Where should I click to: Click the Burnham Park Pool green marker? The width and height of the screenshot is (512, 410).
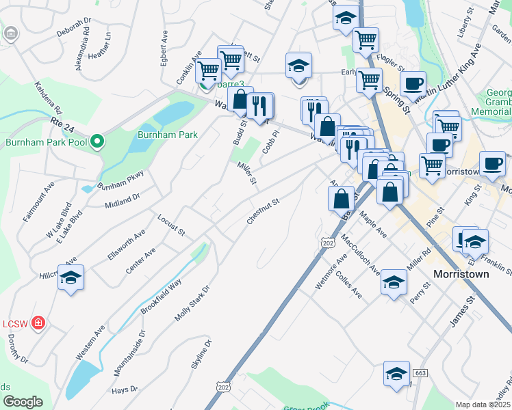97,142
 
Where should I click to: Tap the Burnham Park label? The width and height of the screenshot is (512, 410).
168,135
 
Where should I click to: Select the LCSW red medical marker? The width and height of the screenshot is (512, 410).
39,323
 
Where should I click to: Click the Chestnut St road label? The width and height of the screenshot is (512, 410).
264,212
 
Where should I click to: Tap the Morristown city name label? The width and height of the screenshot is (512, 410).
462,274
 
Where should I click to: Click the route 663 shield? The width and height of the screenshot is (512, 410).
420,372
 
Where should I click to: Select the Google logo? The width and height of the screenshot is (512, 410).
23,401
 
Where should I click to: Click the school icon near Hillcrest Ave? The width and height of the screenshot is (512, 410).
71,277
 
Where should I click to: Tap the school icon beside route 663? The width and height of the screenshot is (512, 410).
396,374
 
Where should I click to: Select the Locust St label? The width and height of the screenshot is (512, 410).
171,225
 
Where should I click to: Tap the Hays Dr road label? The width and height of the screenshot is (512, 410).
125,390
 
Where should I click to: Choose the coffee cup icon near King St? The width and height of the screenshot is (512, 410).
492,163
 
